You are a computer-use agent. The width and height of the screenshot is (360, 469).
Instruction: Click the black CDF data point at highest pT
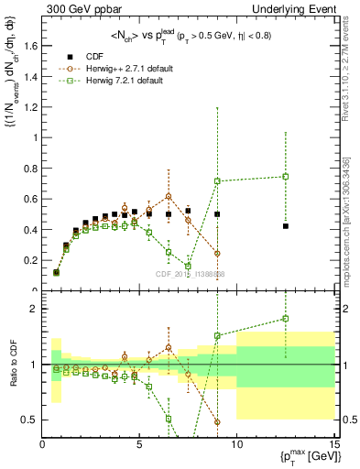click(286, 226)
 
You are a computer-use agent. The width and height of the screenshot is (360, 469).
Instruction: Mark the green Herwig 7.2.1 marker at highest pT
click(286, 177)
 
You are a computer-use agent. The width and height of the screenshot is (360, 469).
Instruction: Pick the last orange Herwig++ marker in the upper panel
click(217, 254)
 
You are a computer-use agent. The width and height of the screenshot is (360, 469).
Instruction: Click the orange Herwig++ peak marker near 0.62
click(169, 196)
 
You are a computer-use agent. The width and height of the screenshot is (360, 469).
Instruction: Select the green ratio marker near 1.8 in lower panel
click(286, 319)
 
